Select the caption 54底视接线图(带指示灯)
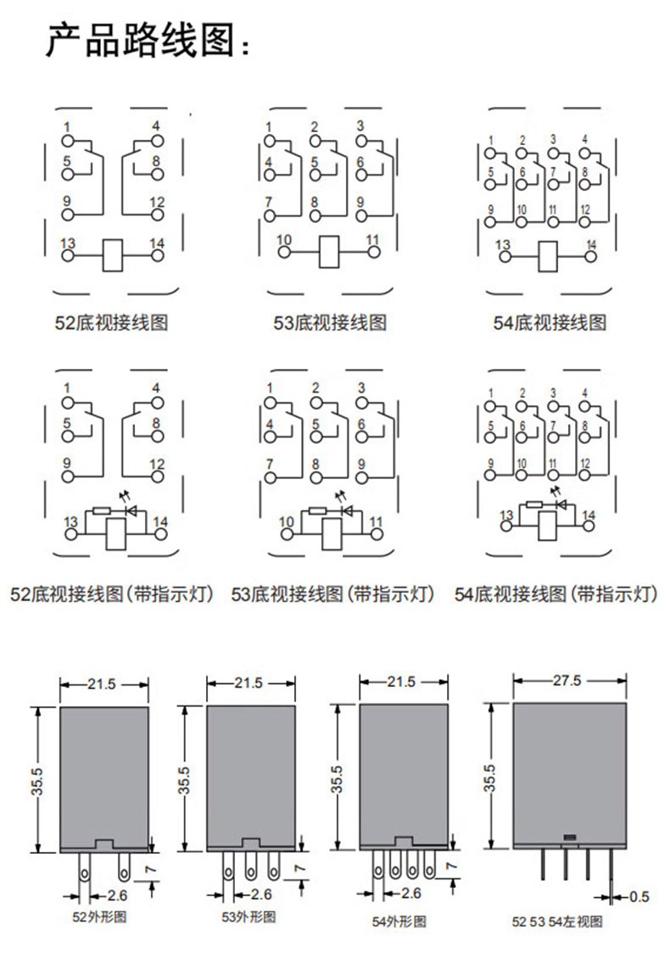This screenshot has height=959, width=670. coord(556,594)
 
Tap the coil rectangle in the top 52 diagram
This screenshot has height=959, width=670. coord(112,254)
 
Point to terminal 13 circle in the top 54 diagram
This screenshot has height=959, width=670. coord(504,255)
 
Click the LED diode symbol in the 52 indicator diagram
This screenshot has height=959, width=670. coord(131,510)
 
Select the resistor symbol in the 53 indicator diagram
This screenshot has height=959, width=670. coord(317,510)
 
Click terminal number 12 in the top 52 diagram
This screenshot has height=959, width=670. coord(157,202)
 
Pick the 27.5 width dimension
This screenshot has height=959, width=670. coord(567,680)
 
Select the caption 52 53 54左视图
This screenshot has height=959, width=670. coord(556,920)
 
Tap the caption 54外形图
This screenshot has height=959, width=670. coord(399,920)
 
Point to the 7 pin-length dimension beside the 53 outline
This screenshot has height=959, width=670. coord(299,868)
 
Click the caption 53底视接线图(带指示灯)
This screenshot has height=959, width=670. coord(333,594)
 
